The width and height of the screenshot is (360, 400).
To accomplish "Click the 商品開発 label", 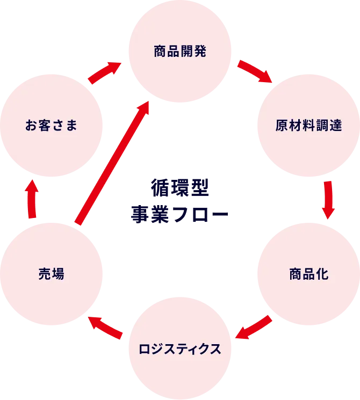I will tap(180, 52).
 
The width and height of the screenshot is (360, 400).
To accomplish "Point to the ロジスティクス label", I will tap(180, 348).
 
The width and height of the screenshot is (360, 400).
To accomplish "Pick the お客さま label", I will tap(52, 126).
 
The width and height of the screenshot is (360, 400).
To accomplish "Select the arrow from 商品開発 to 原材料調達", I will tap(256, 72).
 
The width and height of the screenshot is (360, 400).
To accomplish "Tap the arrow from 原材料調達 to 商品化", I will tap(329, 200).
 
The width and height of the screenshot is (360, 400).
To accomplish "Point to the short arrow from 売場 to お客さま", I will tap(33, 199).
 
